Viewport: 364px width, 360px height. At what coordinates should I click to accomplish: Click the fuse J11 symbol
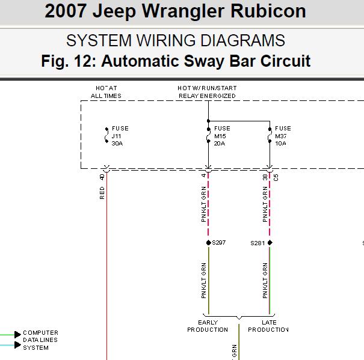click(106, 135)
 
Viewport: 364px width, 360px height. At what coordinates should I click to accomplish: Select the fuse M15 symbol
click(208, 135)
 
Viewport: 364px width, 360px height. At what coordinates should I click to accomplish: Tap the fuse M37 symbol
click(270, 135)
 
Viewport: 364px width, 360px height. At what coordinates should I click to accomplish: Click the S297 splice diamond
click(208, 243)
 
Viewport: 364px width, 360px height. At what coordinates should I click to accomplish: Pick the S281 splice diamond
click(270, 243)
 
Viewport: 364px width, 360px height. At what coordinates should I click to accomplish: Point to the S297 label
click(218, 243)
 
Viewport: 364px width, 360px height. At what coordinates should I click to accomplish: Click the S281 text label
click(258, 243)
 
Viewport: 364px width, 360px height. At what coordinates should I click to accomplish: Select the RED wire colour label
click(102, 193)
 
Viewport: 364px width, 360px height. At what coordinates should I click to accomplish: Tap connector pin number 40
click(102, 177)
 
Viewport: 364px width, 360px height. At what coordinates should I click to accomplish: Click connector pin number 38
click(265, 177)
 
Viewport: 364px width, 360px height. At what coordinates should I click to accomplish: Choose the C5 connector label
click(276, 178)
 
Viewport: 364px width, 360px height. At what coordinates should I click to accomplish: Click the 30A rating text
click(117, 144)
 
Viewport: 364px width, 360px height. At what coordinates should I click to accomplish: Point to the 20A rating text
click(220, 144)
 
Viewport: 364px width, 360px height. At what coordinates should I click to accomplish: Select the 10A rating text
click(280, 144)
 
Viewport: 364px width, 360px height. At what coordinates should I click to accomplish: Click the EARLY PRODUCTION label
click(208, 326)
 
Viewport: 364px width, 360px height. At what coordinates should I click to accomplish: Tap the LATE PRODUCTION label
click(268, 326)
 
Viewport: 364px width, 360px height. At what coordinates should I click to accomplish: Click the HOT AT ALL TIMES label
click(106, 92)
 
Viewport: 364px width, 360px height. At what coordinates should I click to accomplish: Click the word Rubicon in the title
click(268, 11)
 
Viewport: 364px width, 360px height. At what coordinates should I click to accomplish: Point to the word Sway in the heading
click(204, 61)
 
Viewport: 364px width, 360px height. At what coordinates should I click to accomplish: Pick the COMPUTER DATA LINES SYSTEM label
click(40, 340)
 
